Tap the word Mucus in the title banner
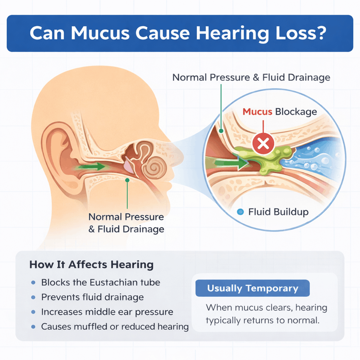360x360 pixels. pyautogui.click(x=100, y=33)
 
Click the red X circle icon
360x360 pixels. pyautogui.click(x=263, y=143)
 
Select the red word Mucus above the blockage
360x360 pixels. pyautogui.click(x=257, y=112)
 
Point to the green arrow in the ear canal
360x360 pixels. pyautogui.click(x=91, y=166)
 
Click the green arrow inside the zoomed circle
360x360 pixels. pyautogui.click(x=232, y=163)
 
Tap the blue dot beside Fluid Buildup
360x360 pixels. pyautogui.click(x=240, y=212)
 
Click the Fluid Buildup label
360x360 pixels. pyautogui.click(x=278, y=212)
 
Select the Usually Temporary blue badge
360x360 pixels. pyautogui.click(x=252, y=288)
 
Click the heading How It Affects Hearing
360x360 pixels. pyautogui.click(x=91, y=265)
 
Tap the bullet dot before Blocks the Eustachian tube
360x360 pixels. pyautogui.click(x=33, y=283)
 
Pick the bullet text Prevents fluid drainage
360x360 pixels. pyautogui.click(x=92, y=297)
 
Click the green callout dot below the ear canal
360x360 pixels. pyautogui.click(x=127, y=180)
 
